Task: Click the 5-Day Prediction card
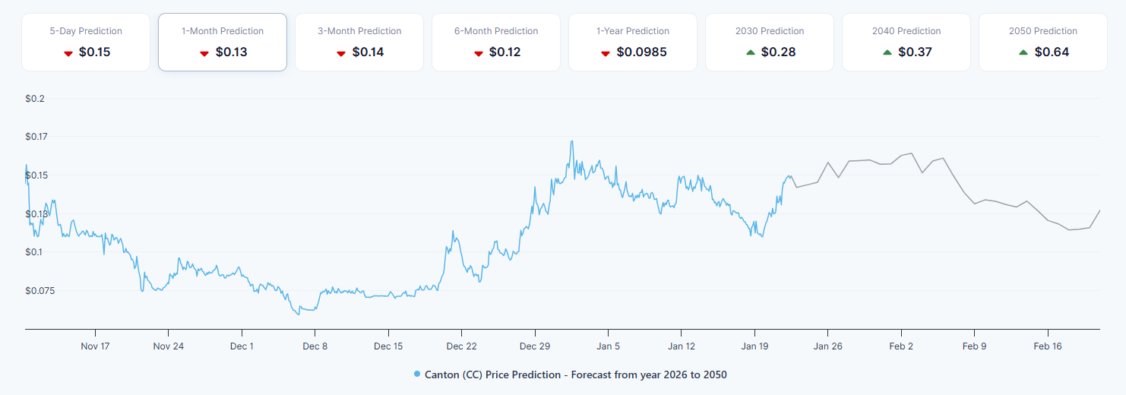(86, 43)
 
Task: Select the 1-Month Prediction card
(223, 43)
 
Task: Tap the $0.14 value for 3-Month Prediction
(368, 52)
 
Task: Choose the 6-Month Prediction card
(496, 43)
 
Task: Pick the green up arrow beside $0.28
(751, 52)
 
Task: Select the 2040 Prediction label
(906, 31)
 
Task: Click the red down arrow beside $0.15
(68, 53)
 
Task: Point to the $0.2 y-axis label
(36, 99)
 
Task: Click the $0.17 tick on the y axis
(36, 137)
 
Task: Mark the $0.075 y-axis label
(40, 290)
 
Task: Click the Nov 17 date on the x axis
(95, 346)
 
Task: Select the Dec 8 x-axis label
(315, 346)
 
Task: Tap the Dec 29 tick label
(535, 346)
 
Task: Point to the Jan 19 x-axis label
(754, 346)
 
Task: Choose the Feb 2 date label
(901, 346)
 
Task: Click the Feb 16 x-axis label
(1048, 346)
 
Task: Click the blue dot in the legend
(417, 374)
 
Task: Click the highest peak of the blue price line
(571, 141)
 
